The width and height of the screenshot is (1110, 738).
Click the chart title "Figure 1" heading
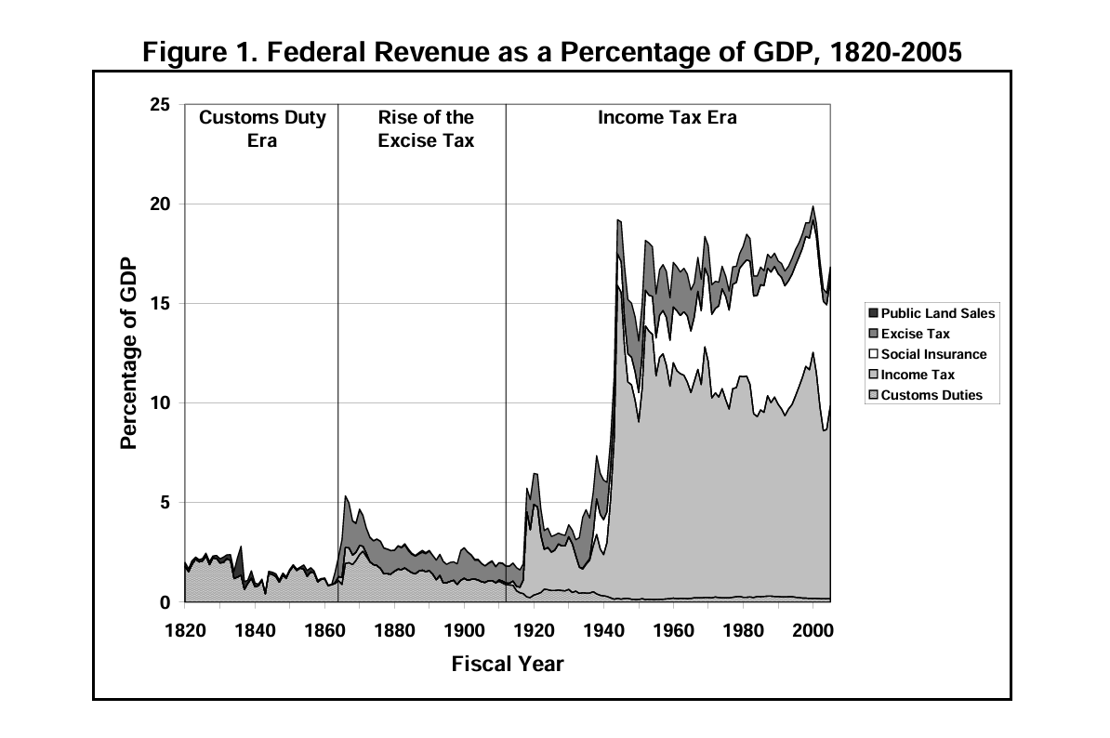coord(552,53)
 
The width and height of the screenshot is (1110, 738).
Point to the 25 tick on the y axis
coord(160,105)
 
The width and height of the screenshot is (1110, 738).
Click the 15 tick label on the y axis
coord(160,304)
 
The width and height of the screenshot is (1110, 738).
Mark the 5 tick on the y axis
coord(165,503)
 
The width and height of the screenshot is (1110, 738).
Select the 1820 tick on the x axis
coord(186,629)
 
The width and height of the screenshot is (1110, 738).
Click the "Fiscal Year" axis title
coord(508,664)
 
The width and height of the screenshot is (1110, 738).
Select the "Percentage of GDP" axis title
coord(129,353)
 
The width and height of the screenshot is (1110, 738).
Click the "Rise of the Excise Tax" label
coord(426,129)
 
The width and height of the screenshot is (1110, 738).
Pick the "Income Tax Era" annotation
coord(667,118)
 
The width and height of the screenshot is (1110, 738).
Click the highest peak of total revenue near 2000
coord(813,206)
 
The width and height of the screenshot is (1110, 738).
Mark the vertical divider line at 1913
coord(506,353)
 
